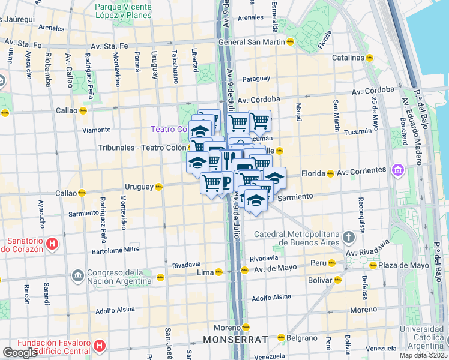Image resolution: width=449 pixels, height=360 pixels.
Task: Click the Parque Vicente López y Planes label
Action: pyautogui.click(x=122, y=11)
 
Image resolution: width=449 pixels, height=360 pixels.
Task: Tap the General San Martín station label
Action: pyautogui.click(x=251, y=42)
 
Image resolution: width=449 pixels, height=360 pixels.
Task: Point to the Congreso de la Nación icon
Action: pyautogui.click(x=77, y=276)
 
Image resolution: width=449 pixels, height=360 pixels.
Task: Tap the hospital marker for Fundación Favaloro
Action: pyautogui.click(x=100, y=346)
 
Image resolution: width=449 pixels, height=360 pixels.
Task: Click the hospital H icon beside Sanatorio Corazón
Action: pyautogui.click(x=53, y=244)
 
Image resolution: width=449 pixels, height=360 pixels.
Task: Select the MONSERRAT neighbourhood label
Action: pyautogui.click(x=235, y=340)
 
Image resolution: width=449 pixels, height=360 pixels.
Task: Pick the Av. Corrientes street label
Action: pyautogui.click(x=363, y=173)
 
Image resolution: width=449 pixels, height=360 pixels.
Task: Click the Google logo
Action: pyautogui.click(x=20, y=353)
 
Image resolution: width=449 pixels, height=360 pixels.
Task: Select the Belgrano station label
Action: pyautogui.click(x=301, y=338)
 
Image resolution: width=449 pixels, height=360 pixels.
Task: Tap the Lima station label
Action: pyautogui.click(x=205, y=272)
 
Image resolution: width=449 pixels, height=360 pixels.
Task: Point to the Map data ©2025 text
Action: pyautogui.click(x=423, y=355)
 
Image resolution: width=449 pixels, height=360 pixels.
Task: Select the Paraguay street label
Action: pyautogui.click(x=256, y=79)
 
